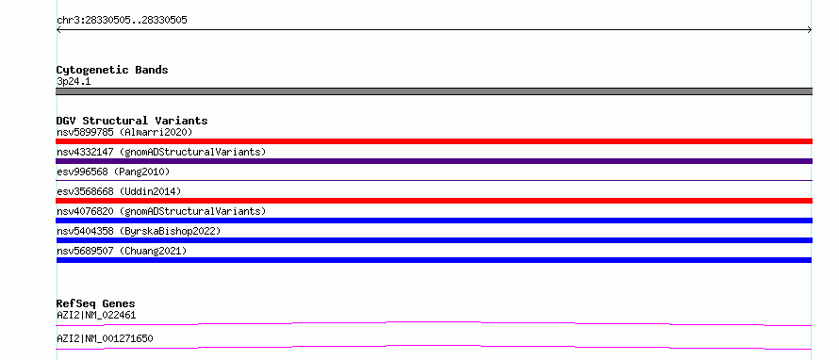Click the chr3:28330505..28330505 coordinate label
tap(122, 21)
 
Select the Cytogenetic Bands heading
tap(112, 70)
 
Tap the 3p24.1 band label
tap(74, 82)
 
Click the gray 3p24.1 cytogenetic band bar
tap(434, 91)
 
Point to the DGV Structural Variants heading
tap(132, 121)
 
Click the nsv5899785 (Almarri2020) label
tap(124, 132)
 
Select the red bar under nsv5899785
tap(434, 141)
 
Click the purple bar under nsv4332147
tap(434, 161)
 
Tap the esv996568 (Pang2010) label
tap(113, 172)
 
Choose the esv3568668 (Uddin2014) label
tap(119, 191)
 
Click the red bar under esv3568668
tap(434, 201)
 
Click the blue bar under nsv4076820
tap(434, 221)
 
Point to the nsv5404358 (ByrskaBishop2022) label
tap(139, 231)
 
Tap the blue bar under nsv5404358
tap(434, 240)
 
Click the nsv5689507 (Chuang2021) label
tap(122, 251)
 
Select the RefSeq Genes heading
tap(96, 303)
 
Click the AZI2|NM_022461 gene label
tap(96, 315)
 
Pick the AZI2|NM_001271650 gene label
tap(105, 338)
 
